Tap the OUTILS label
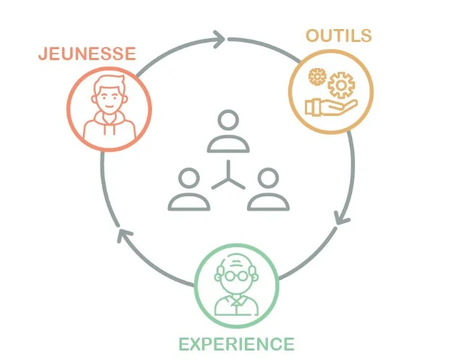click(x=338, y=35)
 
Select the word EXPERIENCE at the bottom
click(x=237, y=343)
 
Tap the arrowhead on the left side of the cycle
click(x=125, y=236)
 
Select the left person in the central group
click(x=189, y=190)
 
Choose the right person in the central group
click(x=268, y=190)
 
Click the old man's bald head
click(x=235, y=261)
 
